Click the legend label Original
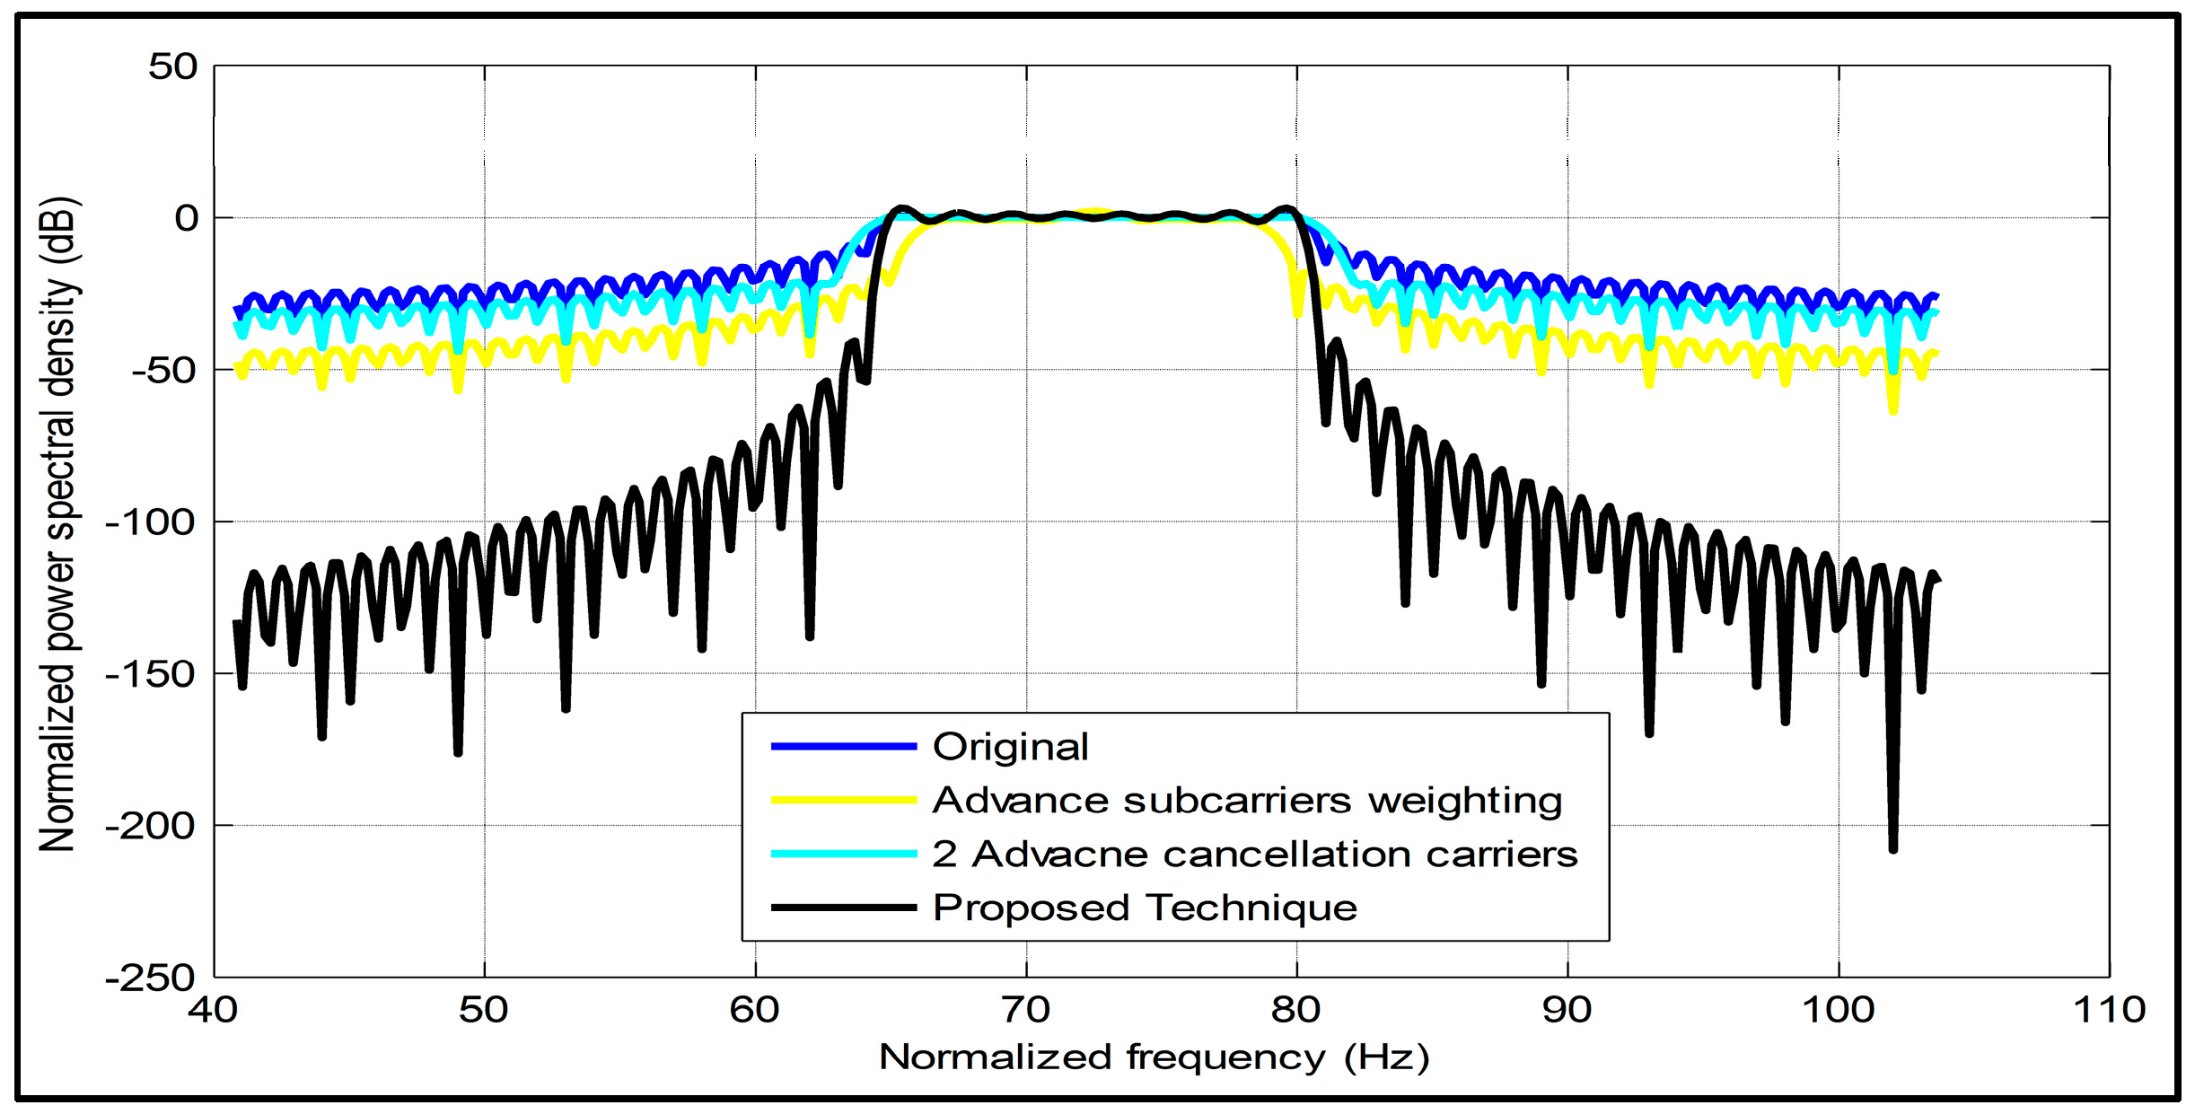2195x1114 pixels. (x=1010, y=747)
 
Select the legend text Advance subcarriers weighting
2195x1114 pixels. (x=1247, y=800)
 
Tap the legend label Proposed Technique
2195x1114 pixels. (x=1145, y=908)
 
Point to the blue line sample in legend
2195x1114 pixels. (x=843, y=747)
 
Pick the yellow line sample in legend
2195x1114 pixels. (x=843, y=800)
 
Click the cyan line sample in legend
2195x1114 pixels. (x=843, y=854)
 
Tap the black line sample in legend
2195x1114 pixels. (x=843, y=908)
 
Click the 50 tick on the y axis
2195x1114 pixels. (x=172, y=66)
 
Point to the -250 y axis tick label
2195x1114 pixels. (x=150, y=978)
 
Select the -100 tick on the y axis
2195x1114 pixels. (x=150, y=522)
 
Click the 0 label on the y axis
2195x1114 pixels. (x=186, y=218)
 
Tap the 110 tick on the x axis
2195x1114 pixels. (x=2109, y=1011)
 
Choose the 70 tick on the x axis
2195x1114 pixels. (x=1025, y=1011)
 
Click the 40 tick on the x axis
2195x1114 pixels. (x=213, y=1011)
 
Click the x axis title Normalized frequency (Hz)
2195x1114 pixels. (x=1154, y=1057)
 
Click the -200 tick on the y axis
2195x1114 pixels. (x=150, y=825)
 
